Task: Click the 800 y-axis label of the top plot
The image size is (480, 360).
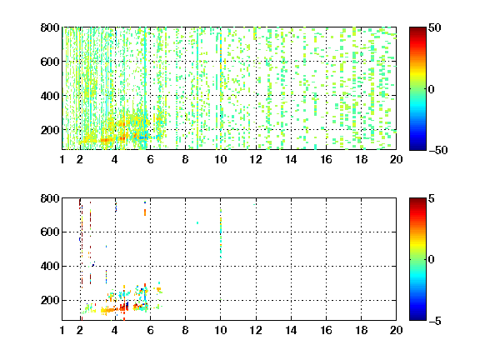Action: [x=50, y=27]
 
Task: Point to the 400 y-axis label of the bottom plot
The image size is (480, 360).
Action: [x=50, y=266]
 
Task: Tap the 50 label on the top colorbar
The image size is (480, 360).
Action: [x=434, y=27]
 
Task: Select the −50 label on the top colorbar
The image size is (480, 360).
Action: [x=437, y=150]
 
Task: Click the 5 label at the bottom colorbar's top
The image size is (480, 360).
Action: [x=432, y=198]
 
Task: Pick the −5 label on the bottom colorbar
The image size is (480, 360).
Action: [x=435, y=321]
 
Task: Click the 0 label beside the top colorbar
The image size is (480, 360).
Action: [x=431, y=89]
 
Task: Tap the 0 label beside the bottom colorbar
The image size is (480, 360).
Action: [x=431, y=260]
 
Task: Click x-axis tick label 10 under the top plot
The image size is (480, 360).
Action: [x=220, y=159]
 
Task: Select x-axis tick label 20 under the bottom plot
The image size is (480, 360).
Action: [x=396, y=330]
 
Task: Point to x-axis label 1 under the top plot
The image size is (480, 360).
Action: [x=62, y=159]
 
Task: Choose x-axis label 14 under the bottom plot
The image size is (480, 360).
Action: [x=291, y=330]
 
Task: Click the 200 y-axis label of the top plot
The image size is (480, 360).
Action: [x=50, y=130]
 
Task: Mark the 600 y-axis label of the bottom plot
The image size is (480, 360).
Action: [x=50, y=232]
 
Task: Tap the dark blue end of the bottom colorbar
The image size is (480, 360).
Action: [x=417, y=318]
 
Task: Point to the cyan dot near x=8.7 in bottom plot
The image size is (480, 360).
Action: [x=197, y=222]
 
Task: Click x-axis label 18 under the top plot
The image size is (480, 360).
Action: [x=361, y=159]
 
